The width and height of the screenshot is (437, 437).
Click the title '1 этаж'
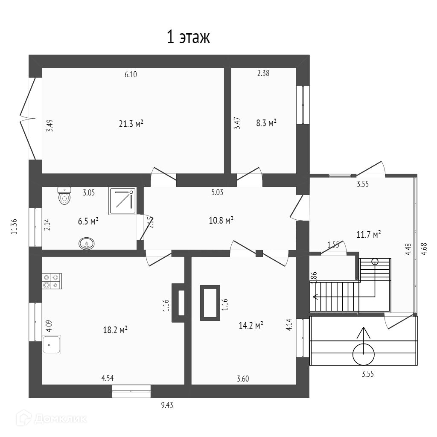pos(188,38)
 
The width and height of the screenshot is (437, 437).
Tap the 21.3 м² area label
pos(131,124)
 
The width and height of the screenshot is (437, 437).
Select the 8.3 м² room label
pos(266,123)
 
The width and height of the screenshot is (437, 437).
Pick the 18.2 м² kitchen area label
pos(116,330)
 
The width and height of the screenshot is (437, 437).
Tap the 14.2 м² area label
pos(251,325)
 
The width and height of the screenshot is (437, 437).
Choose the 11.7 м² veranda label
pos(368,234)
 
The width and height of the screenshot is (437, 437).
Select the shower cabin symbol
pos(122,201)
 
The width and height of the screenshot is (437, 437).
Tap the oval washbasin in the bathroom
pos(87,244)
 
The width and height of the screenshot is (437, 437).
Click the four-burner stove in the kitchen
pos(52,281)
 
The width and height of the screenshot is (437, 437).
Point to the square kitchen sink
pos(52,344)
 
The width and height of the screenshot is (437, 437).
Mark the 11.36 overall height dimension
pos(14,226)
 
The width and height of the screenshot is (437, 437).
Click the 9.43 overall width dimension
pos(167,405)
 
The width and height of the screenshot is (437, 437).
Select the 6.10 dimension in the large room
pos(131,74)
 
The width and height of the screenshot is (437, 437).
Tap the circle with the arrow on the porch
pos(364,353)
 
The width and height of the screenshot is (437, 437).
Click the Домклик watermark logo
pos(51,418)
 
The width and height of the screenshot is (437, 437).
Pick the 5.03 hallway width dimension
pos(217,192)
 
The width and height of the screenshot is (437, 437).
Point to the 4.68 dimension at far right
pos(423,249)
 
